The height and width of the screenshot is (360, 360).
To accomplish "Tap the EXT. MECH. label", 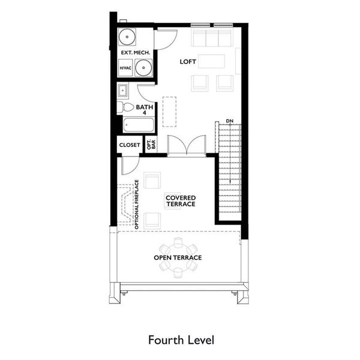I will tap(136, 53).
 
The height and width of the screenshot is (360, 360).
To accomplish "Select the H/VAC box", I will tap(125, 69).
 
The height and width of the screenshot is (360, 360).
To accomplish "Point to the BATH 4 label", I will tap(145, 110).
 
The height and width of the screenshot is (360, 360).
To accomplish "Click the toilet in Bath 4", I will tap(126, 107).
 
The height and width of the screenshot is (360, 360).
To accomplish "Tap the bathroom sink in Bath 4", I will tap(123, 92).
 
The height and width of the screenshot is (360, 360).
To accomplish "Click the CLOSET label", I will tap(130, 145).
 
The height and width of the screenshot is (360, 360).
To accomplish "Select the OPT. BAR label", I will tap(152, 145).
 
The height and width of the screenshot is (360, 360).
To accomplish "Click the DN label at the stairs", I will tap(229, 122).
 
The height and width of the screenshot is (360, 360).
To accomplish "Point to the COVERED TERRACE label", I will tap(181, 201).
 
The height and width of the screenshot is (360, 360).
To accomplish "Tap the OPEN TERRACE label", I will tap(178, 257).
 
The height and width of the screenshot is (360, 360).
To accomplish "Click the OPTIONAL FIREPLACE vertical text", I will tap(137, 205).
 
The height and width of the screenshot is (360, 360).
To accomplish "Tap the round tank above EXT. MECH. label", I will tap(127, 38).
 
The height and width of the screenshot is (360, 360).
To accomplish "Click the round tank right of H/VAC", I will tap(143, 69).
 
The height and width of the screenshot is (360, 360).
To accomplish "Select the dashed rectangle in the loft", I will tap(170, 112).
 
